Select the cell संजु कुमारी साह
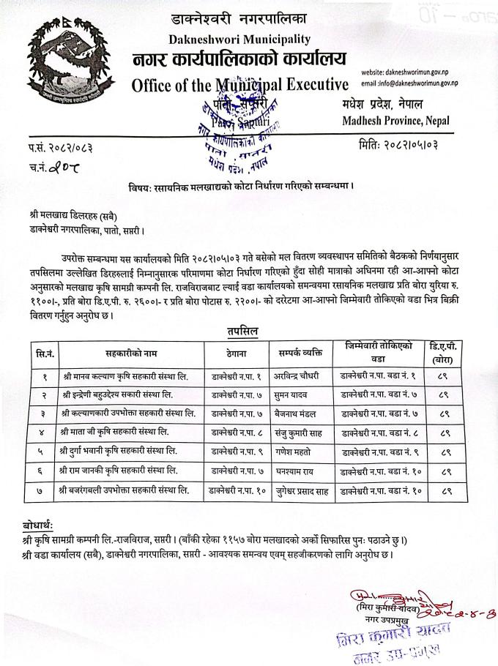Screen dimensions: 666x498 (294, 432)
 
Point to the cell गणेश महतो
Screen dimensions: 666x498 (288, 450)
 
